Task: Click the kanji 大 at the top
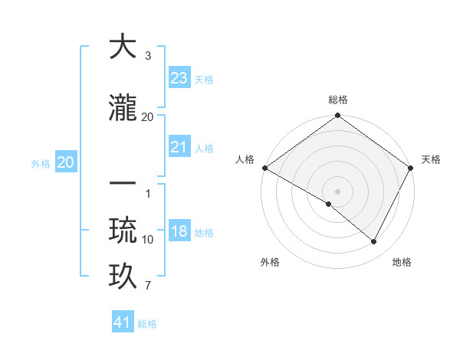123,47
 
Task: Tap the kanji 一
123,185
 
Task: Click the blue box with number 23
179,78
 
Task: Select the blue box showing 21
179,147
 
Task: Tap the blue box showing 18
179,231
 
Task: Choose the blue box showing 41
123,322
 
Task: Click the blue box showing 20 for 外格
66,162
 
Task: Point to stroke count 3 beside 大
148,57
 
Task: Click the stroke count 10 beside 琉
148,240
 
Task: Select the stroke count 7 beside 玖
148,286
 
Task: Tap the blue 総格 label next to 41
147,324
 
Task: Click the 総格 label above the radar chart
337,100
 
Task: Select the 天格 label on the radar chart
431,159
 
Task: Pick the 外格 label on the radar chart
270,263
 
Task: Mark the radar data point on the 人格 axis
264,168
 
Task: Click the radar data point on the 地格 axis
374,242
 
